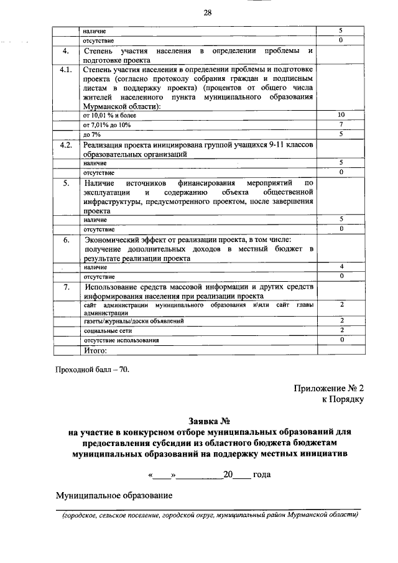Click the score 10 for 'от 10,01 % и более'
point(341,115)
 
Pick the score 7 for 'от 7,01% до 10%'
point(341,124)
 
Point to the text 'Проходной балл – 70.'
point(93,369)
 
